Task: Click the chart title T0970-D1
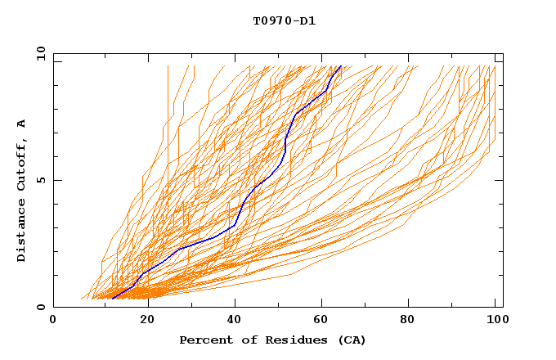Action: click(x=284, y=20)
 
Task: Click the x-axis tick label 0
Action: click(x=53, y=321)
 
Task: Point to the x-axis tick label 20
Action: click(x=146, y=321)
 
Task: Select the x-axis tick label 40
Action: click(x=235, y=321)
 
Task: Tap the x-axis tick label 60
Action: click(x=324, y=321)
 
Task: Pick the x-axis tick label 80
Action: click(x=412, y=321)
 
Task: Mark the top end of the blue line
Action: click(x=340, y=66)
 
